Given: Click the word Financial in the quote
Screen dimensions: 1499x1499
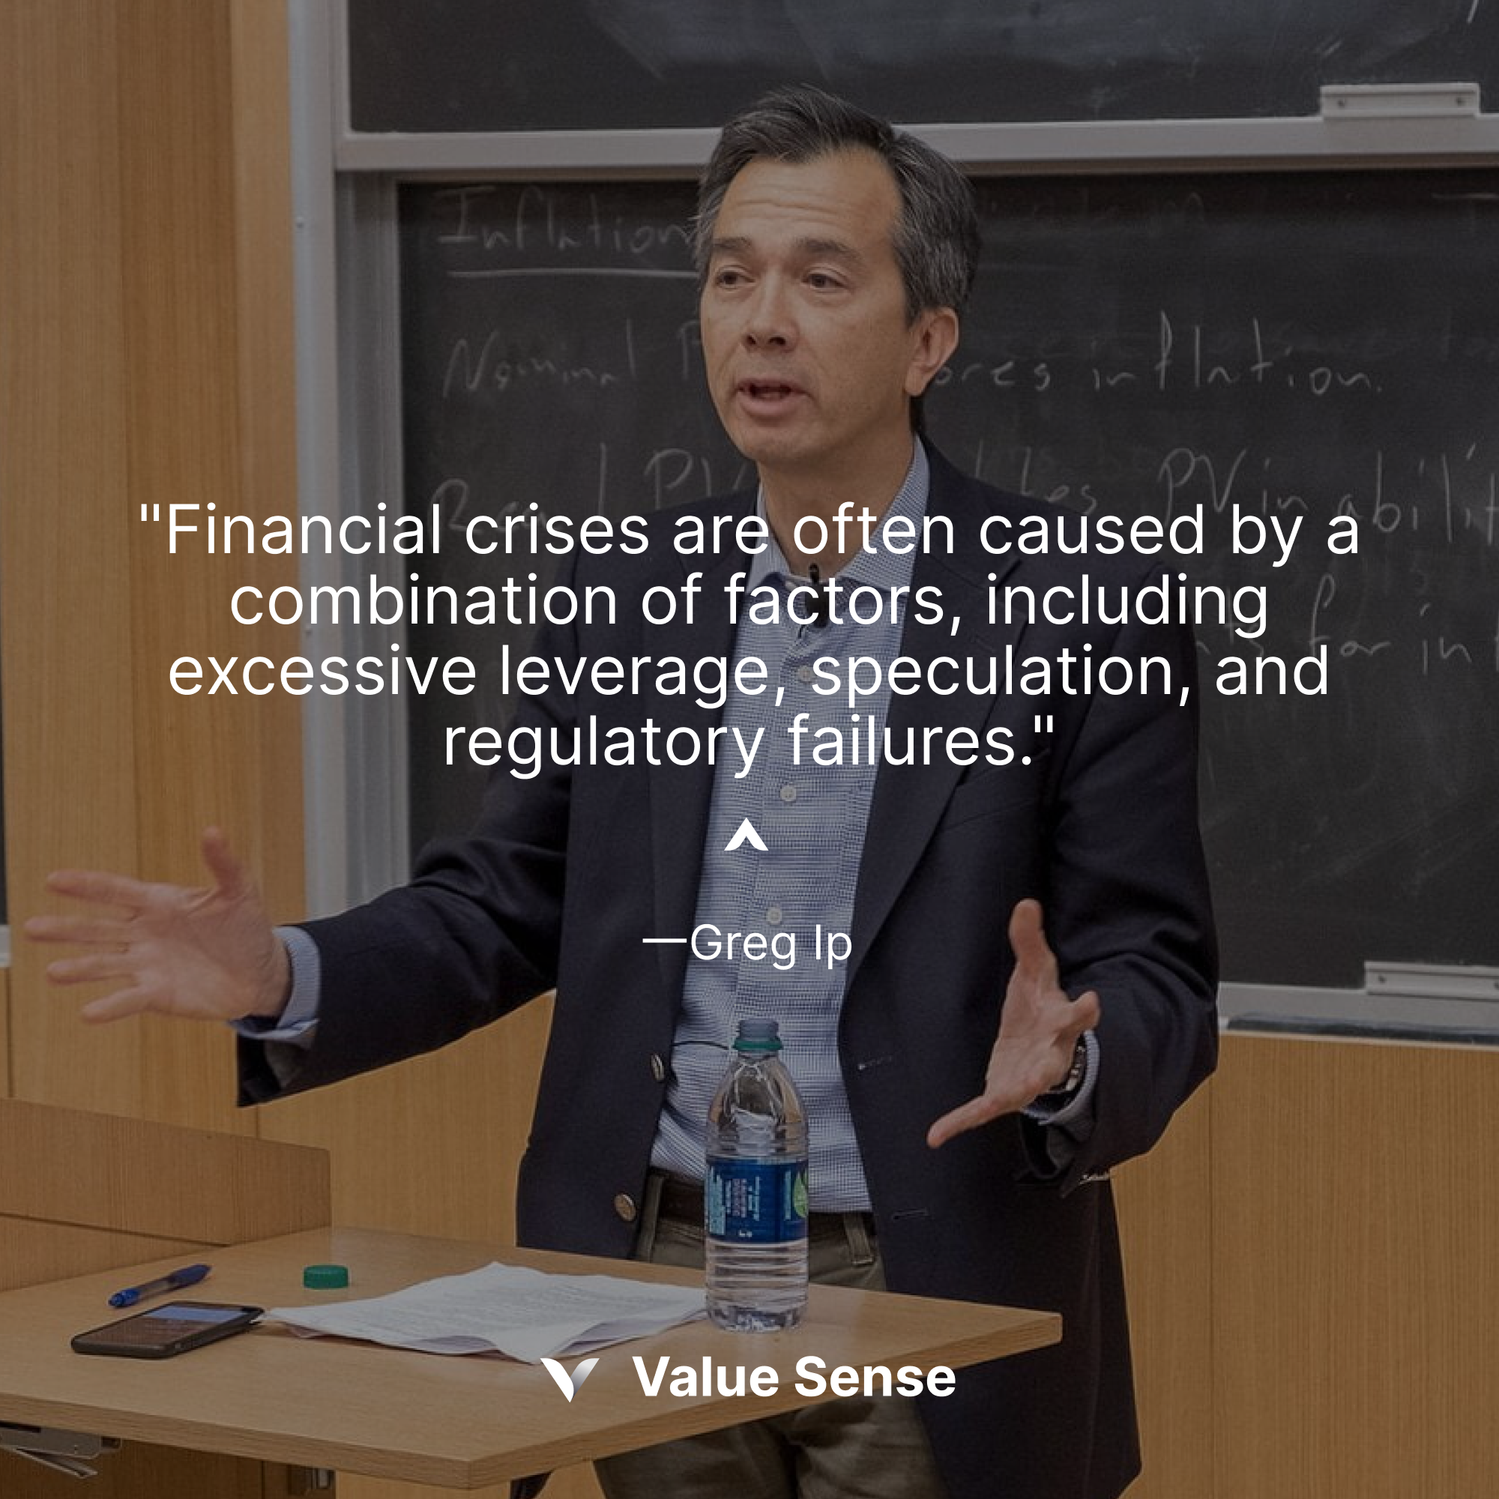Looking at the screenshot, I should pos(304,530).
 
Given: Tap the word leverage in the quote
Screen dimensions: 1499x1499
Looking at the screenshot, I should pos(633,672).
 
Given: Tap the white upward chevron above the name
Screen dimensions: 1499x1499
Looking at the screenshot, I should pos(746,836).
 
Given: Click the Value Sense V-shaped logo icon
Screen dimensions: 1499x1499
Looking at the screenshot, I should pos(570,1379).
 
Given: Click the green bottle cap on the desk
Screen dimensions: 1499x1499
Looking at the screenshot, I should pos(325,1276).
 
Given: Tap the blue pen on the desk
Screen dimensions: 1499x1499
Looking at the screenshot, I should pos(160,1285).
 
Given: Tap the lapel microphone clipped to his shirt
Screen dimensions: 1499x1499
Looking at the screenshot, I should pos(813,575).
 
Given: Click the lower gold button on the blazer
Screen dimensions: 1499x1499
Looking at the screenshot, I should pos(624,1205).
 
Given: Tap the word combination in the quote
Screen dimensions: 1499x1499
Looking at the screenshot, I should pos(423,601).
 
